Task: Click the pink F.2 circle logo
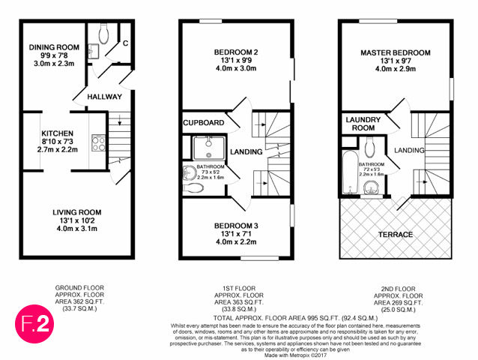[34, 324]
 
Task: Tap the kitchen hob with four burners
[98, 143]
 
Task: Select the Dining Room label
[54, 47]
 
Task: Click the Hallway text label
[105, 97]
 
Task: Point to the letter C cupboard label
[125, 43]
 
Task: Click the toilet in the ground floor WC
[104, 34]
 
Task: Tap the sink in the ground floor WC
[94, 51]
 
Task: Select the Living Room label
[77, 212]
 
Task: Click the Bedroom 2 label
[236, 52]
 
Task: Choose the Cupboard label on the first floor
[204, 123]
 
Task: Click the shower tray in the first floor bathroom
[209, 148]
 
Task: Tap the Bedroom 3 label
[236, 226]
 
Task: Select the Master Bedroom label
[396, 52]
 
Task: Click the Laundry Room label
[363, 124]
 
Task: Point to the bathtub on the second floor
[350, 172]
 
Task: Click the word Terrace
[396, 234]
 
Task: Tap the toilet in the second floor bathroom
[370, 148]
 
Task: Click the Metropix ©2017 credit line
[295, 355]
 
